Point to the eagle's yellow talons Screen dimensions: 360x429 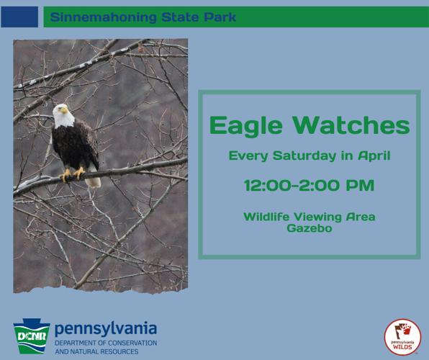click(x=72, y=173)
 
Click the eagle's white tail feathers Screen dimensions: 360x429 click(x=93, y=181)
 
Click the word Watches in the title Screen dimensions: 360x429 click(x=348, y=126)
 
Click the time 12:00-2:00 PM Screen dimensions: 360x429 click(x=309, y=186)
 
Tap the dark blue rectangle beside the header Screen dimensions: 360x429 click(x=19, y=17)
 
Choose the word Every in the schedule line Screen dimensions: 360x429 click(x=245, y=154)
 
